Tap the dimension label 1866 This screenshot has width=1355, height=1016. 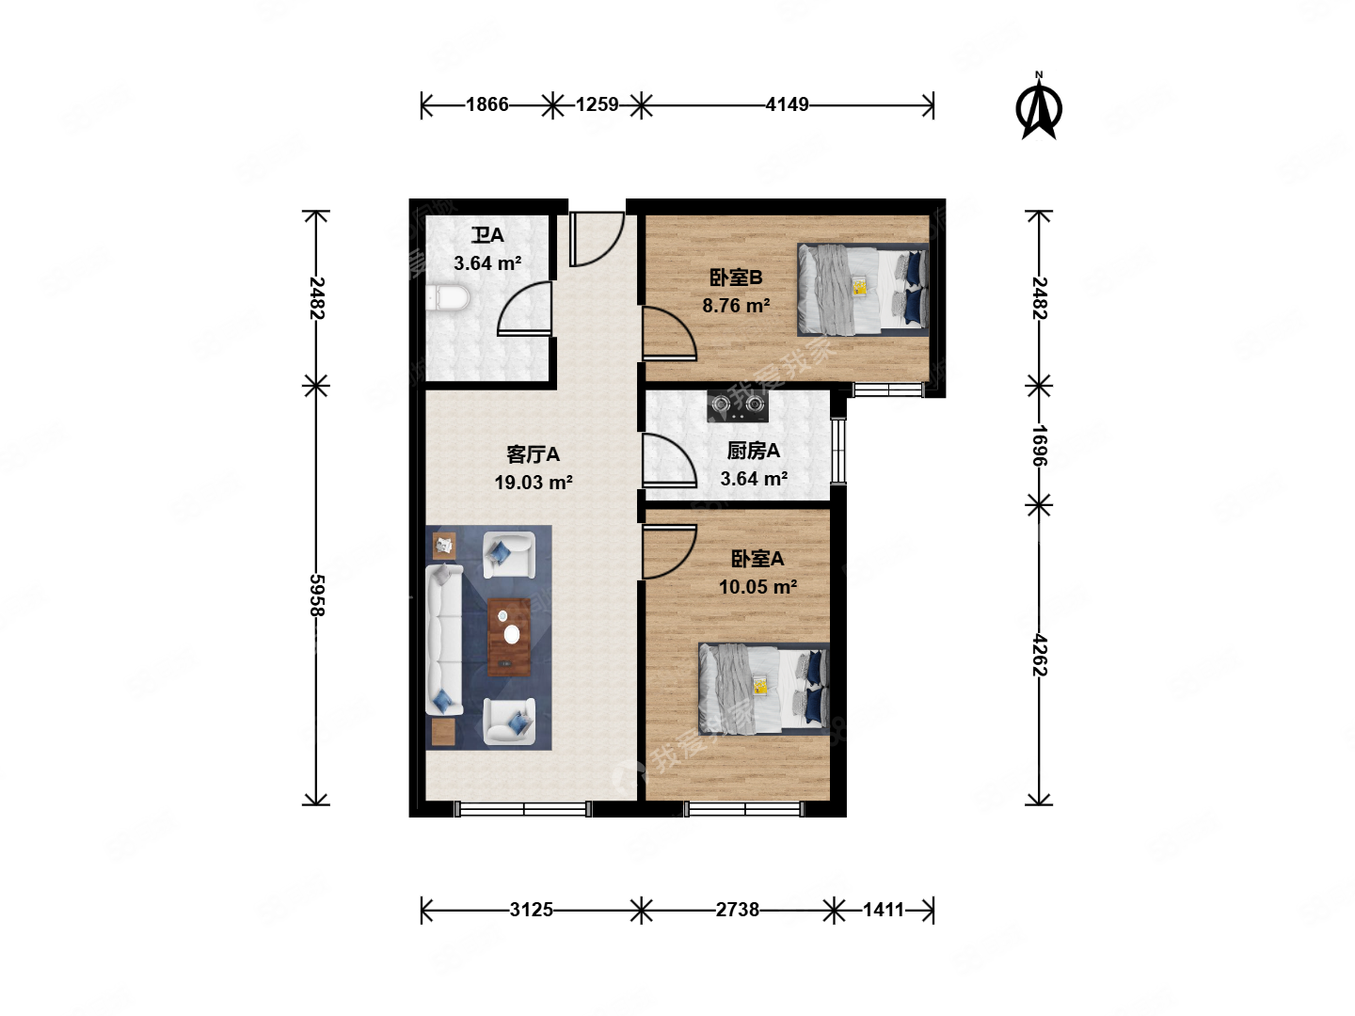[486, 104]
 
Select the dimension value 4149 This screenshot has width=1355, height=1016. [787, 104]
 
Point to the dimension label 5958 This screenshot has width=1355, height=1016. [317, 595]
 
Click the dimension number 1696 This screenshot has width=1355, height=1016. [1040, 445]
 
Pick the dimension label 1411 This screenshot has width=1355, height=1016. [883, 910]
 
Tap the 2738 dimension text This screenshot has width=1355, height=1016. [737, 910]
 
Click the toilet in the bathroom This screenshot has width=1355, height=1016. [448, 298]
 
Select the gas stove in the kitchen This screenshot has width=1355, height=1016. [737, 405]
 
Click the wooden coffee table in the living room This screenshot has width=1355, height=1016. [509, 637]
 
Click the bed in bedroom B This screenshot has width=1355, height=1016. [863, 290]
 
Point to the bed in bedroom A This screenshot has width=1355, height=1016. [764, 689]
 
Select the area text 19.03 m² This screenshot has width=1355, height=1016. [534, 483]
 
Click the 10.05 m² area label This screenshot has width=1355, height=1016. [757, 587]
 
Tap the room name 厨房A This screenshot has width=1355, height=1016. [753, 452]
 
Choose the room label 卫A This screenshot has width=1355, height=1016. [487, 235]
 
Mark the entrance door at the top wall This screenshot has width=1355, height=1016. [597, 239]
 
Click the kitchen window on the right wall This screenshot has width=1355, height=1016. [837, 451]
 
